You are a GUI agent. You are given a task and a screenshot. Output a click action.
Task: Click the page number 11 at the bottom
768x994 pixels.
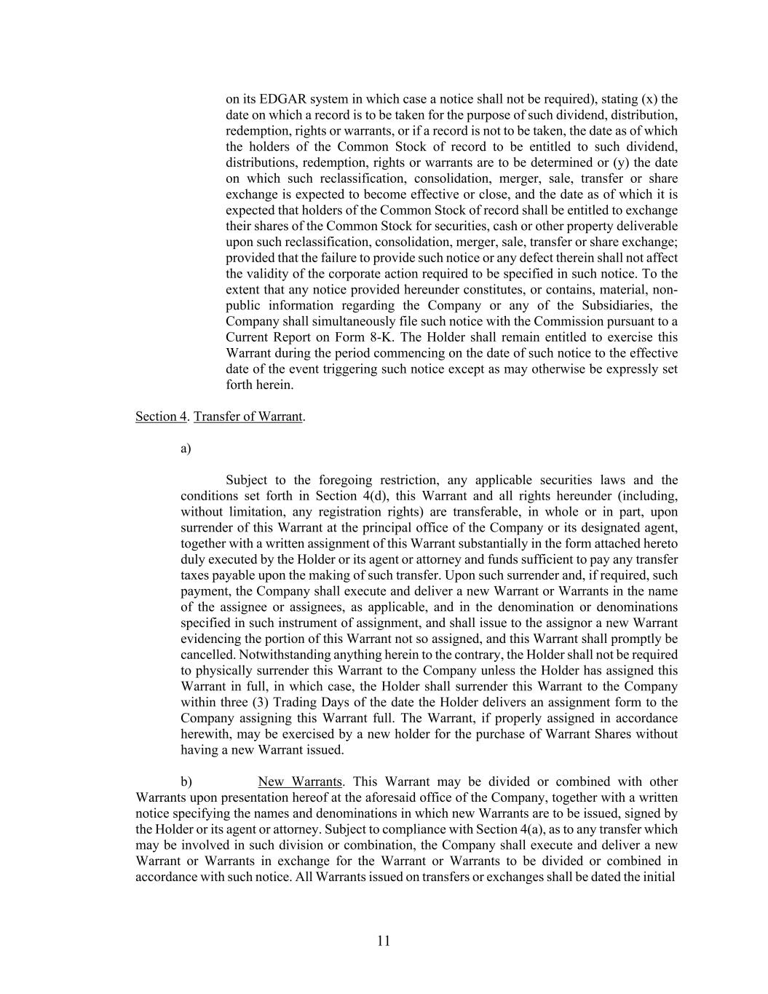click(384, 941)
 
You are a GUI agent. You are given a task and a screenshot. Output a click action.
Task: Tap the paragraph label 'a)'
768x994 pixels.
click(186, 449)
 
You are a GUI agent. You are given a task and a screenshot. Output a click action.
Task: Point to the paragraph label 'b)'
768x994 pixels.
click(186, 782)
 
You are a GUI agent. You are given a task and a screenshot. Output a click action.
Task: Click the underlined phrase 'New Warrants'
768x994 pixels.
click(299, 782)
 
